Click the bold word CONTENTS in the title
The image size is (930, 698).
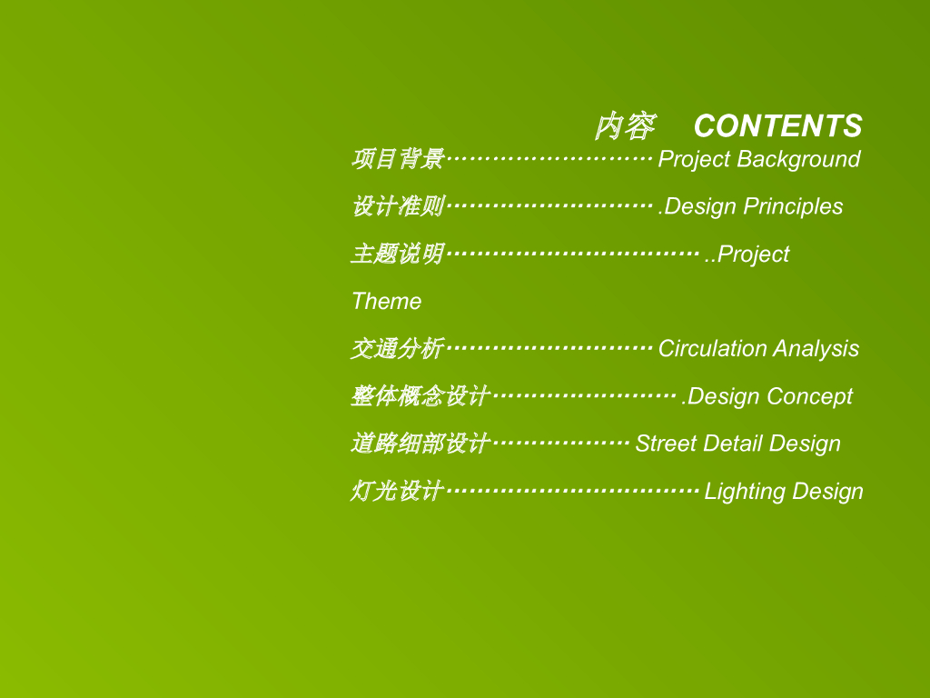pyautogui.click(x=777, y=125)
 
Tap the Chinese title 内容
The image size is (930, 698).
pyautogui.click(x=625, y=126)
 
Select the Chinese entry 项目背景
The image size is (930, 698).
pyautogui.click(x=398, y=158)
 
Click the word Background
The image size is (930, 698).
pyautogui.click(x=798, y=159)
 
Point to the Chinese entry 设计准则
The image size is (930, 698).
pyautogui.click(x=398, y=206)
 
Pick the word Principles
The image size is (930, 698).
pyautogui.click(x=793, y=206)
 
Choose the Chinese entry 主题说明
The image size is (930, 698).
pyautogui.click(x=398, y=254)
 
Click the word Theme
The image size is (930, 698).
pyautogui.click(x=387, y=301)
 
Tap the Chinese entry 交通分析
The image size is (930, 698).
pyautogui.click(x=398, y=348)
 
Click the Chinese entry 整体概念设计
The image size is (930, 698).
pyautogui.click(x=420, y=396)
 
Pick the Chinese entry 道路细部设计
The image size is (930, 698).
pyautogui.click(x=420, y=444)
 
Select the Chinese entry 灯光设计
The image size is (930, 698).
pyautogui.click(x=398, y=491)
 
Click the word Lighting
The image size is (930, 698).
pyautogui.click(x=745, y=492)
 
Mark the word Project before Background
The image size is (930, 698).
pyautogui.click(x=695, y=159)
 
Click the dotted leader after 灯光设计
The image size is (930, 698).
pyautogui.click(x=573, y=491)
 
